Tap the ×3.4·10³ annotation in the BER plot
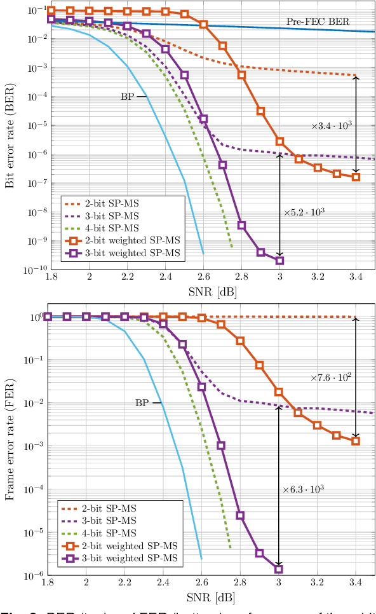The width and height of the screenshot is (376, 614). [x=331, y=126]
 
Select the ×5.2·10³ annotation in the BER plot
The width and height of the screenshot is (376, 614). [x=304, y=212]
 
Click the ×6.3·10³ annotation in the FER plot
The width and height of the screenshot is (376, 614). [x=304, y=489]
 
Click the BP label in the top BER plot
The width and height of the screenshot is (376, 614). [x=127, y=97]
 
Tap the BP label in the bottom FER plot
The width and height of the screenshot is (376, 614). [x=142, y=402]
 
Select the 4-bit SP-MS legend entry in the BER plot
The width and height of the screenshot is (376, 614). [x=111, y=228]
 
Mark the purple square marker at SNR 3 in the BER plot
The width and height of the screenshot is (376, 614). [x=279, y=261]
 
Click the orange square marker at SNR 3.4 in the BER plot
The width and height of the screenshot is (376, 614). [x=356, y=177]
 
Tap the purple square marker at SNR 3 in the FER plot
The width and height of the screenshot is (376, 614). [x=279, y=570]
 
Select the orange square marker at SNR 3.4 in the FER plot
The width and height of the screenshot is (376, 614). [x=356, y=440]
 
